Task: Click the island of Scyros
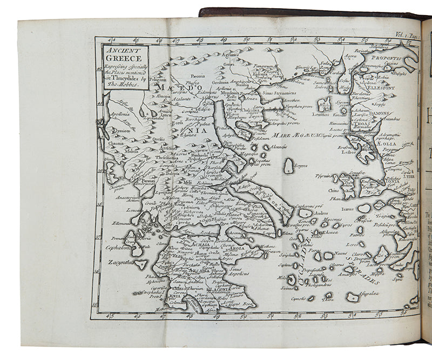tap(289, 166)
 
